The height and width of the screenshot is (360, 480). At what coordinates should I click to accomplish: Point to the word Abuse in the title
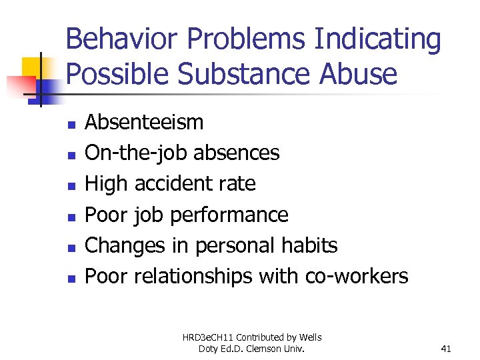pos(359,74)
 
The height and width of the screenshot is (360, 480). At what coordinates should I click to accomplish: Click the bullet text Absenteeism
pos(145,123)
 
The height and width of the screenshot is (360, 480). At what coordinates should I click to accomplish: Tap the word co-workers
pos(357,276)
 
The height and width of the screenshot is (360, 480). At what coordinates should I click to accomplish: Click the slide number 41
pos(446,348)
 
